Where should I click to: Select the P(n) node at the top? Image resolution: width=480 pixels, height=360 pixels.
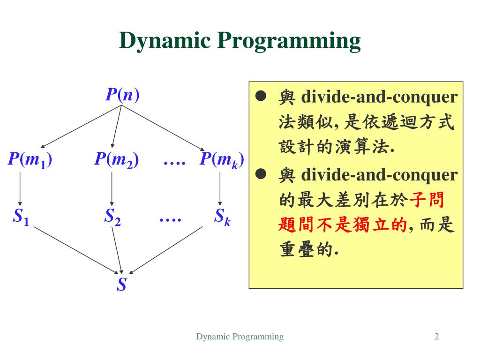click(x=122, y=95)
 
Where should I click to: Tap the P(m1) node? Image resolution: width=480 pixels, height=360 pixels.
click(x=30, y=160)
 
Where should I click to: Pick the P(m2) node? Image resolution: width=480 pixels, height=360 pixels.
click(x=116, y=160)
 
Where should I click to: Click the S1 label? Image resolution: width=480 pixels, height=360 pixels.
click(x=21, y=217)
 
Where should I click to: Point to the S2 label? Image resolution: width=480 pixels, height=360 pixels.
click(x=112, y=217)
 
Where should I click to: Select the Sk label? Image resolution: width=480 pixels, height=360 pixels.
click(x=222, y=217)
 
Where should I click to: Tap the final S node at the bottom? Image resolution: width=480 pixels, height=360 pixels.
click(x=122, y=284)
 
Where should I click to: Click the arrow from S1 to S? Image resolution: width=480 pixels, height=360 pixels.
click(x=75, y=250)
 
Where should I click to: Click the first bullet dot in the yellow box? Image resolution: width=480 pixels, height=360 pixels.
click(x=261, y=97)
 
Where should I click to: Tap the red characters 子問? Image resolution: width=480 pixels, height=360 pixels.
click(x=427, y=201)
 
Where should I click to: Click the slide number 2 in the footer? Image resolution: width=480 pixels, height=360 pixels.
click(x=436, y=337)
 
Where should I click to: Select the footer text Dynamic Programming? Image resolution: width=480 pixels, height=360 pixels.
click(x=240, y=337)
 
